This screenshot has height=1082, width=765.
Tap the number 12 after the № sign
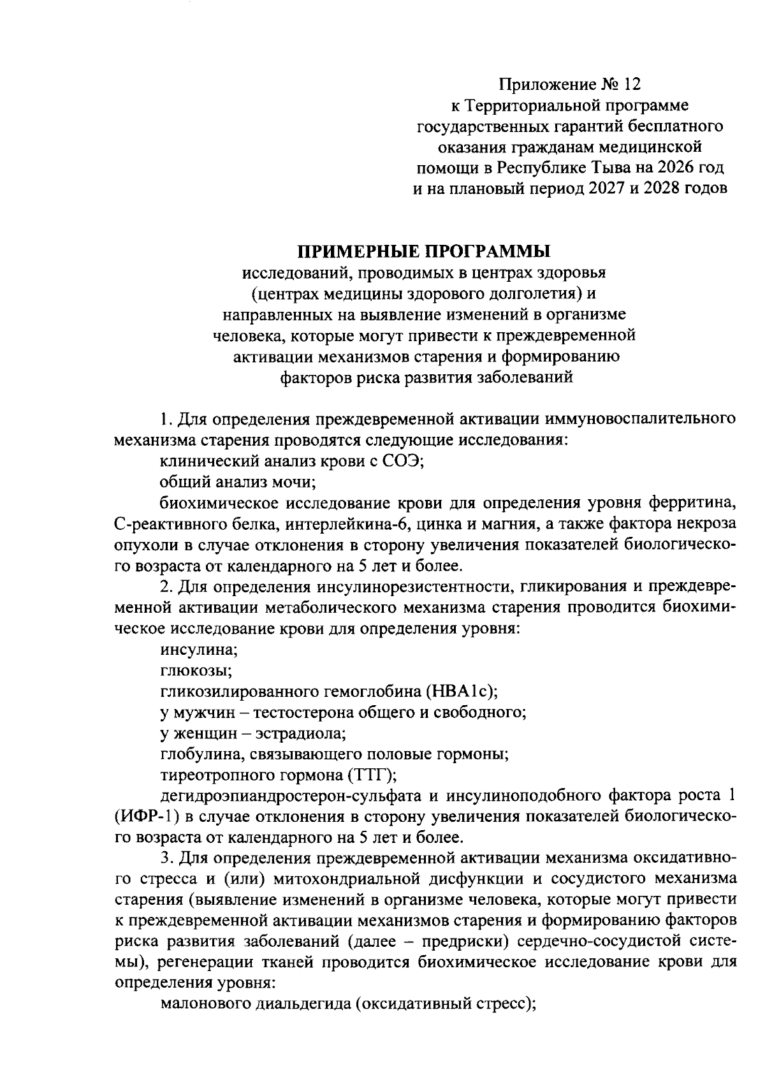[x=630, y=84]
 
